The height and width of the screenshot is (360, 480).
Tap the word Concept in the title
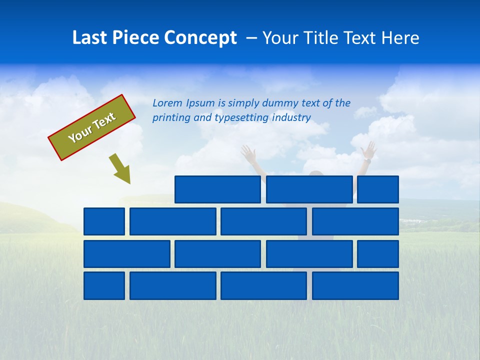(x=200, y=38)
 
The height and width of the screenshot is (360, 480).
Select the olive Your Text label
(x=92, y=127)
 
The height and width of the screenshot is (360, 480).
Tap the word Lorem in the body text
(x=167, y=103)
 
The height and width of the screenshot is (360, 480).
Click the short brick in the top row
(x=378, y=189)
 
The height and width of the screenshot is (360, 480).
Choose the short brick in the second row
(x=104, y=221)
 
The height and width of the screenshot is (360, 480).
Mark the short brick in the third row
(x=378, y=254)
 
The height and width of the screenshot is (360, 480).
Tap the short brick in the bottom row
(x=104, y=286)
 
